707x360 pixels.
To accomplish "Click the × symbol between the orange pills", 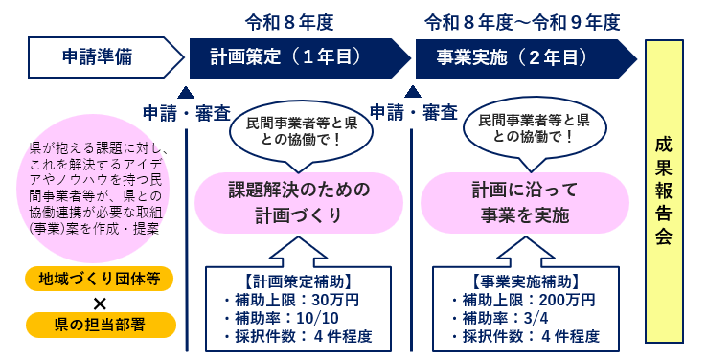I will click(x=100, y=302).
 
